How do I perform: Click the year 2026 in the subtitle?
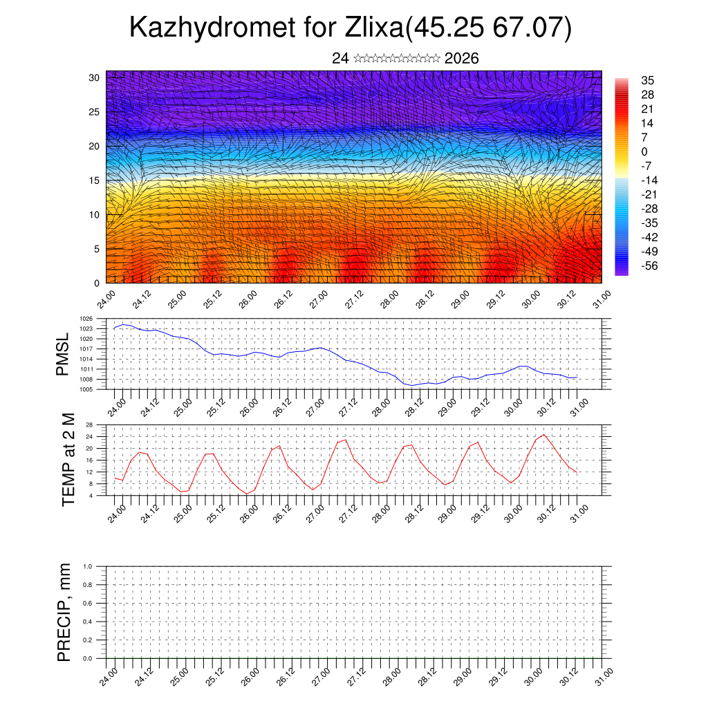(462, 58)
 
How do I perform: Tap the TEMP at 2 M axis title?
(68, 459)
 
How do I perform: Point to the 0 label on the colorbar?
(644, 151)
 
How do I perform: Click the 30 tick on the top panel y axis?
(94, 77)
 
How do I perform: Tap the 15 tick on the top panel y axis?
(94, 180)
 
